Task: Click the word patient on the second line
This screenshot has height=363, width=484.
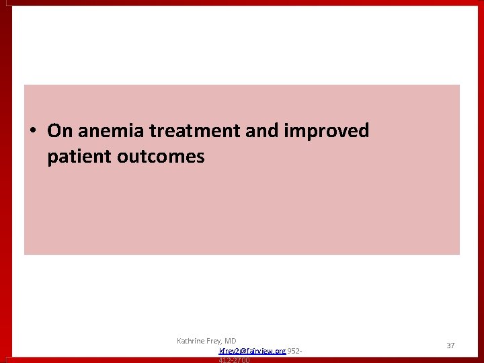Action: click(79, 157)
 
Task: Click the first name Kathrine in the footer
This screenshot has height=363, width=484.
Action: click(192, 341)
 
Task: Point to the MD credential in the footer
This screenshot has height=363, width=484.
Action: click(231, 341)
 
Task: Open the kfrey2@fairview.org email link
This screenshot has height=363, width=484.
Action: click(252, 351)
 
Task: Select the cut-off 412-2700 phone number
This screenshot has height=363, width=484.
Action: click(234, 360)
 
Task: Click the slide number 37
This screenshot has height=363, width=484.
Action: click(450, 346)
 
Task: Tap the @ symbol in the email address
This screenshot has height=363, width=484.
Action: click(243, 351)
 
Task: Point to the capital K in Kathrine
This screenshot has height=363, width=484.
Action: click(179, 341)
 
